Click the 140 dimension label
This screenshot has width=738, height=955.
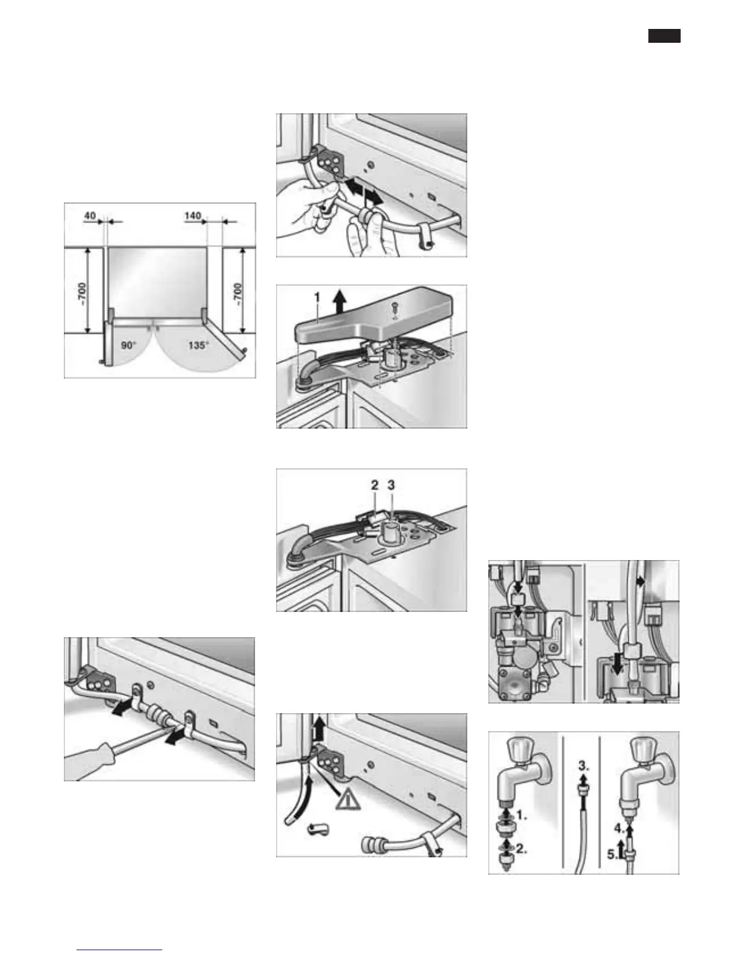pos(193,216)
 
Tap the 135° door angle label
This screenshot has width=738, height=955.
pos(198,345)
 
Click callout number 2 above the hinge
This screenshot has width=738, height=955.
pos(374,484)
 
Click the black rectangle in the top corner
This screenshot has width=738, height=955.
pos(664,36)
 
